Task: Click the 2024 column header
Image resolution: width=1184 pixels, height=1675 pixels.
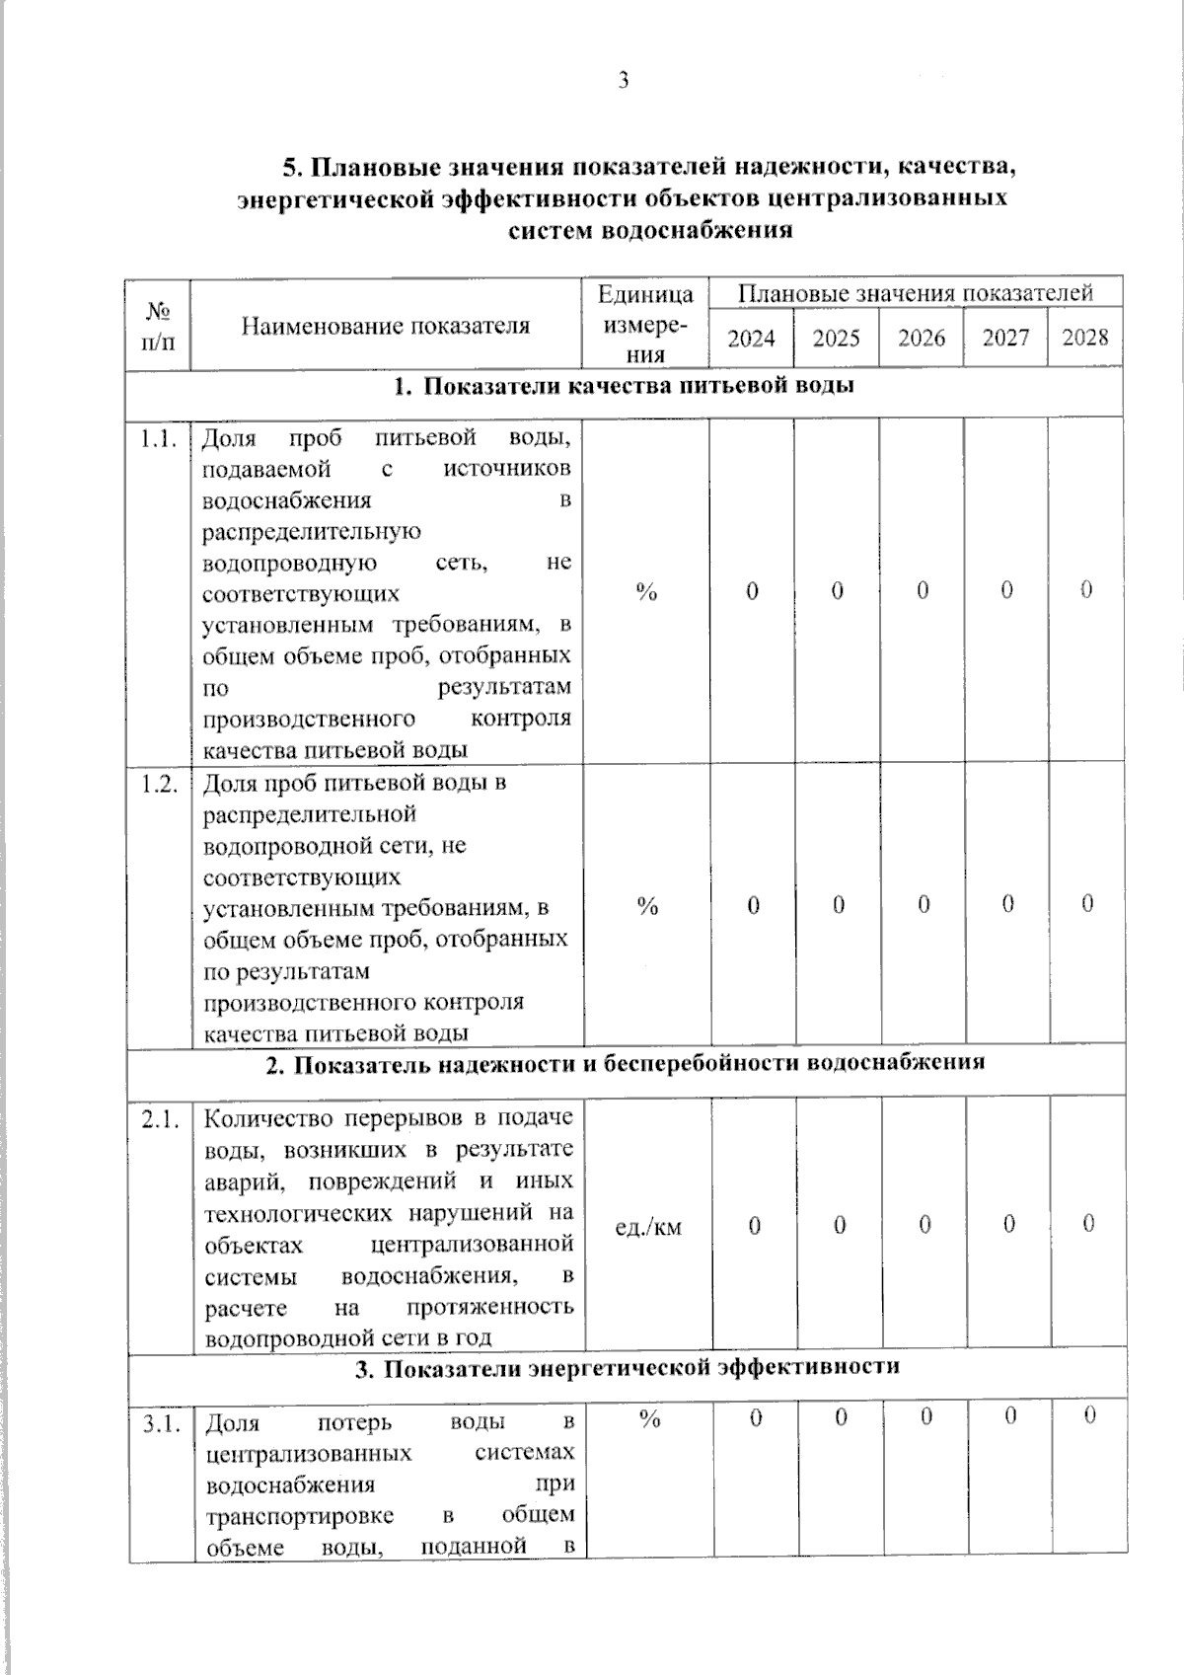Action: click(751, 339)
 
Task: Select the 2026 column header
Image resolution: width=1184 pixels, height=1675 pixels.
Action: click(922, 339)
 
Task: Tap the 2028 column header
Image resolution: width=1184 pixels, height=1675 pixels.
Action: click(1085, 338)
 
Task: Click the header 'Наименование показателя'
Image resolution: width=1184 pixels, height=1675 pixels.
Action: click(386, 326)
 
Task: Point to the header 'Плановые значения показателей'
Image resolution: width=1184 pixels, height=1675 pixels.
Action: click(916, 293)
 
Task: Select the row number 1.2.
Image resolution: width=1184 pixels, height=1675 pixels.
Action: click(159, 785)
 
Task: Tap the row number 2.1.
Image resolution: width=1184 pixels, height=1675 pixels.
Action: click(160, 1120)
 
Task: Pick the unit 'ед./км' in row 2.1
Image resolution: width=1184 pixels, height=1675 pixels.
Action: click(648, 1227)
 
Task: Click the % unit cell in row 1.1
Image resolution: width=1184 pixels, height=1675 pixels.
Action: click(647, 592)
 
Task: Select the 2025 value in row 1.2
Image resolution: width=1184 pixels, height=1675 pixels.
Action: click(838, 905)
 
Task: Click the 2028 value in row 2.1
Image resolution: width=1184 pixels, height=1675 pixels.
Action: click(1088, 1224)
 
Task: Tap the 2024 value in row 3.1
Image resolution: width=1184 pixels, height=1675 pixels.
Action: click(755, 1417)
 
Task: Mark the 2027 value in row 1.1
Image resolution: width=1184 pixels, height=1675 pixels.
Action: click(1005, 590)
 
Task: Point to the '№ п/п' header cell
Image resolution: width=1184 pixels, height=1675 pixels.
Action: click(158, 327)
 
